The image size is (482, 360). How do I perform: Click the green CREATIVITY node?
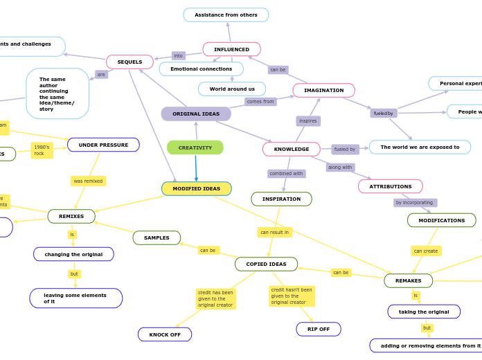pos(195,147)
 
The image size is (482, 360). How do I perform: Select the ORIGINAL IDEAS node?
pos(196,114)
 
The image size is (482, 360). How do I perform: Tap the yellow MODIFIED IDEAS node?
pos(197,188)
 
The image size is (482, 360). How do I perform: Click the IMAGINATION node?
pos(323,90)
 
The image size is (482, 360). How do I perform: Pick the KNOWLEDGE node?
pos(292,149)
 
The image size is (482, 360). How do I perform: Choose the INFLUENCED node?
pos(231,49)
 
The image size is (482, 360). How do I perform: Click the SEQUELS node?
pos(130,62)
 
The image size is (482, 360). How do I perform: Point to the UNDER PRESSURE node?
pos(103,145)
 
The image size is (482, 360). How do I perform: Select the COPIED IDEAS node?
pos(266,264)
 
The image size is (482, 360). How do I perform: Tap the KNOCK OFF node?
pos(165,334)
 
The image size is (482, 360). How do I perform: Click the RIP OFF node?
pos(319,329)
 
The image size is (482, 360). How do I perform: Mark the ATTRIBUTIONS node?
pos(391,186)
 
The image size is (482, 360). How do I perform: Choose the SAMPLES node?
pos(157,237)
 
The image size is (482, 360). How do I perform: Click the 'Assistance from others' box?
pos(226,15)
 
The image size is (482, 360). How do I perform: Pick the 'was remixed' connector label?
pos(88,181)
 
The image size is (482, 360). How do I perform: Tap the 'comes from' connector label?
pos(260,101)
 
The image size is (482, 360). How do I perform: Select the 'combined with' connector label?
pos(286,173)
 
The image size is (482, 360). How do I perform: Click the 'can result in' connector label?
pos(274,232)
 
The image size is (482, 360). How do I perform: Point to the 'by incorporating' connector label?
pos(415,203)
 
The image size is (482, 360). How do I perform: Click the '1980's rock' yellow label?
pos(42,150)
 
